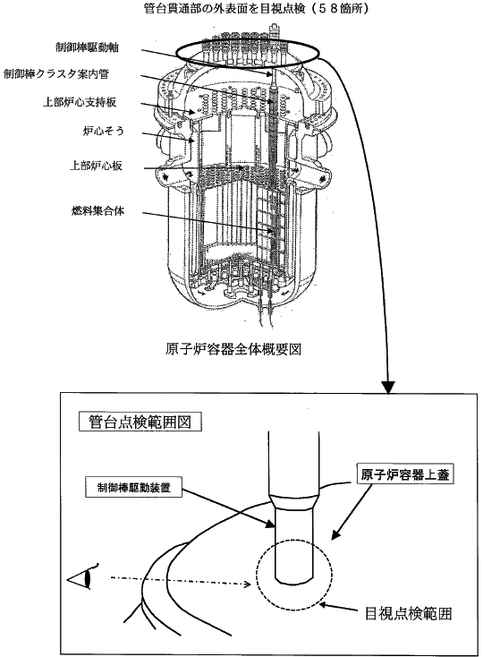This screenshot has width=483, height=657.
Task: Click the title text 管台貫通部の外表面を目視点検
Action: (x=225, y=8)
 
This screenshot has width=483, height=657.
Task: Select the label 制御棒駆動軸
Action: (x=87, y=47)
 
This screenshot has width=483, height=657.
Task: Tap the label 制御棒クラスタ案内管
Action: (x=56, y=74)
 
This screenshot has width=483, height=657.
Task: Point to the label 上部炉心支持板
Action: (x=79, y=102)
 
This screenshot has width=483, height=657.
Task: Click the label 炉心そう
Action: (x=103, y=132)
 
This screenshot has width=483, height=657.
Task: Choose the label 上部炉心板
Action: (x=96, y=166)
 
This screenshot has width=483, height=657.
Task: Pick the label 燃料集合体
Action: (x=97, y=210)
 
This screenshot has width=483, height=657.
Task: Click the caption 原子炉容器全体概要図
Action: (x=233, y=349)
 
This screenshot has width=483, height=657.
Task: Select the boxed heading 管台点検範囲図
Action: (x=140, y=422)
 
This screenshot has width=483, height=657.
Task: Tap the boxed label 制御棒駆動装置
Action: (x=134, y=487)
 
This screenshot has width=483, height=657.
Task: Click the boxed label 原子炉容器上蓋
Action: (x=405, y=474)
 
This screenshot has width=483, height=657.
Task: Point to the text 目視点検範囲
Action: (x=409, y=614)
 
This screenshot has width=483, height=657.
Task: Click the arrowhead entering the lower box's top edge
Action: (x=389, y=388)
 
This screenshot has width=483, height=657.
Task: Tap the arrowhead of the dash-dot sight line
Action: (x=248, y=584)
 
